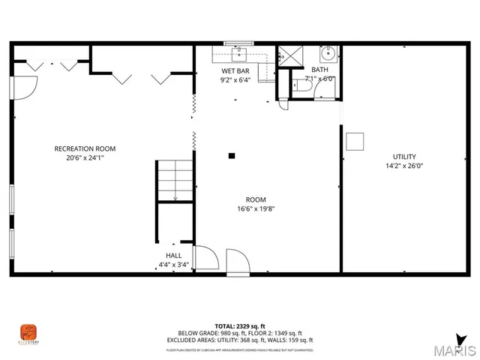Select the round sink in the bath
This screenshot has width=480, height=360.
tap(327, 54)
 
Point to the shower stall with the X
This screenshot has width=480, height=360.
tap(289, 56)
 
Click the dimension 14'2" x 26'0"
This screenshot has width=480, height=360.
tap(404, 166)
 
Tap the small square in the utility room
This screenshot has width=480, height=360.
tap(355, 141)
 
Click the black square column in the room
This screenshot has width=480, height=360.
tap(232, 156)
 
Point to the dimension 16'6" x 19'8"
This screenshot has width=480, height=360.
tap(256, 209)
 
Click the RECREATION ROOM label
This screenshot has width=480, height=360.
tap(85, 148)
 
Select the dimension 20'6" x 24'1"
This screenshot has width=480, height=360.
tap(85, 157)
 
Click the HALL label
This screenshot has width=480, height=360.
tap(173, 255)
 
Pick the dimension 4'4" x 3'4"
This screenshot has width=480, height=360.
tap(173, 265)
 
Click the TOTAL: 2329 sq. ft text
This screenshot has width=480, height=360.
tap(239, 326)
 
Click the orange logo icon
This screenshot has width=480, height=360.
tap(28, 331)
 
